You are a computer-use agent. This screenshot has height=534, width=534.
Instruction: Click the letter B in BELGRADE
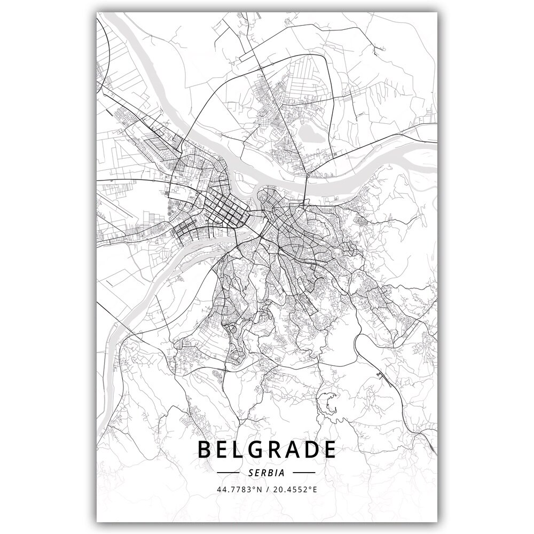[205, 450]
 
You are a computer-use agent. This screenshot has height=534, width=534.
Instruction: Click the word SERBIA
[266, 473]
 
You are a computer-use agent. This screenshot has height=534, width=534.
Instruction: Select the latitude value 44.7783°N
[238, 489]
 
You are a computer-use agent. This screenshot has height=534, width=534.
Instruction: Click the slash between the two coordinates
[268, 489]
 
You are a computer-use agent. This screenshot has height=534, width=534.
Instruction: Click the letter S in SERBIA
[251, 473]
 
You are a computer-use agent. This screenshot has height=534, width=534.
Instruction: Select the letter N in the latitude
[259, 489]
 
